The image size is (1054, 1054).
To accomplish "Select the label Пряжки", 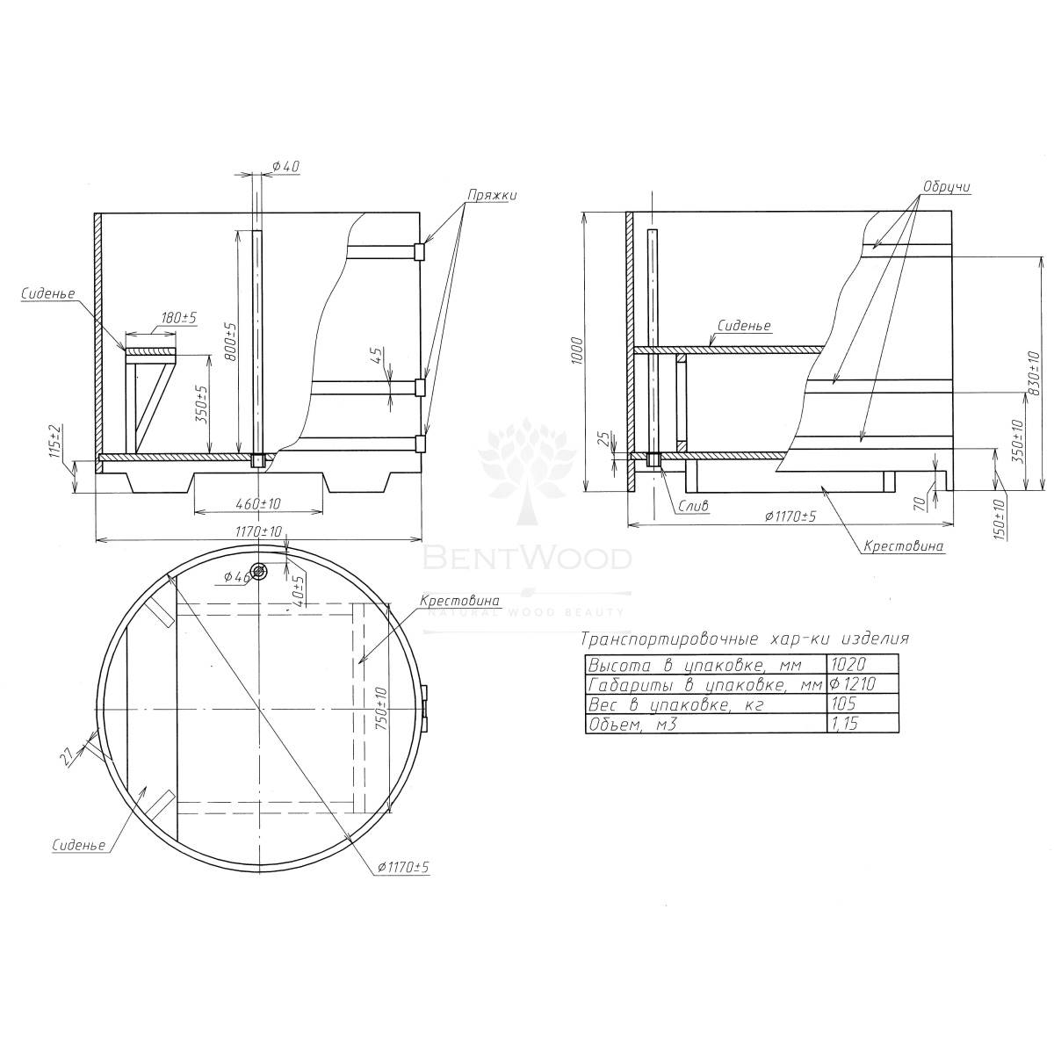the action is (492, 195).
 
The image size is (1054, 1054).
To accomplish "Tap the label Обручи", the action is (946, 186).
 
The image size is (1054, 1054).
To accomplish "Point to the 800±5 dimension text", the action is (230, 341).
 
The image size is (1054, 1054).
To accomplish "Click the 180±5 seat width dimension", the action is (179, 318).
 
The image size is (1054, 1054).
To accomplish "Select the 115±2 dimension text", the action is (56, 440).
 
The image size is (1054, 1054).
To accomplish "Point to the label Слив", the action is (693, 506).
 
